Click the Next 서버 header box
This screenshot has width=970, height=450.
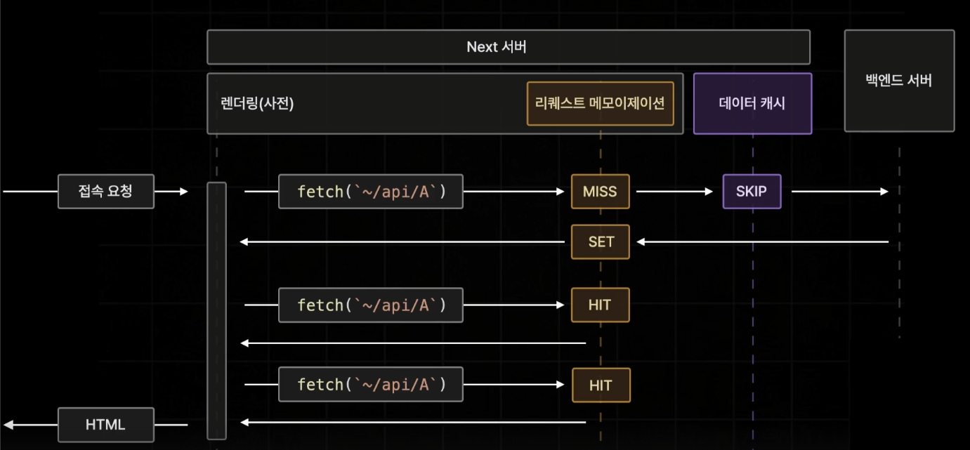click(508, 47)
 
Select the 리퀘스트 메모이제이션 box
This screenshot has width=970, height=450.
click(600, 103)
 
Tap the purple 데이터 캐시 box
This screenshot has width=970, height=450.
click(752, 103)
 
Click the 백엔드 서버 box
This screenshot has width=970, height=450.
click(899, 80)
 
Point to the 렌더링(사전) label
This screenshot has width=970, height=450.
click(257, 103)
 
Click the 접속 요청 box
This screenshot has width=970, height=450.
click(105, 191)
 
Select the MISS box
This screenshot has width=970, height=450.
click(600, 191)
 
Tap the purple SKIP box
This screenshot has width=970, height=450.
click(752, 191)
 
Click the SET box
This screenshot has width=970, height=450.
click(601, 241)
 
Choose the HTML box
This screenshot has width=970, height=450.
click(105, 424)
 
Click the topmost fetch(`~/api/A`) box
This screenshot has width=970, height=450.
click(371, 191)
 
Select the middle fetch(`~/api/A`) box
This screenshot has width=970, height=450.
click(371, 305)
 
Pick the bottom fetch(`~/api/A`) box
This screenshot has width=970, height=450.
click(371, 385)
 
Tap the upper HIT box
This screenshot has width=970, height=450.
click(601, 305)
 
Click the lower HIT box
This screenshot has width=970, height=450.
click(601, 385)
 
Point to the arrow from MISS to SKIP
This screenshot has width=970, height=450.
click(674, 191)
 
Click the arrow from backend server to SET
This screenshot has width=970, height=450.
click(762, 241)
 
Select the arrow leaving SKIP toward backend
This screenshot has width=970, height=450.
click(839, 191)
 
